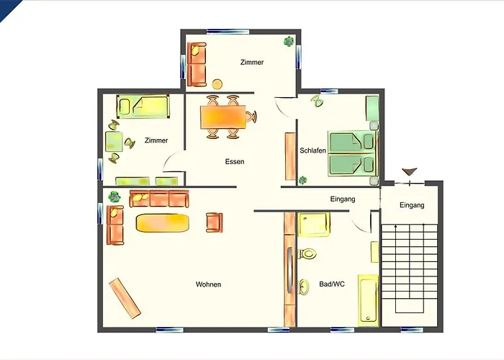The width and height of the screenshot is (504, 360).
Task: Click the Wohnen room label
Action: [x=208, y=284]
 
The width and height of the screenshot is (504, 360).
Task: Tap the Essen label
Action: [x=235, y=162]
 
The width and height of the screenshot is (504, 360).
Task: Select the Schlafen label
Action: [x=312, y=150]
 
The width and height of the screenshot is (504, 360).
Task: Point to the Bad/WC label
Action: [x=332, y=284]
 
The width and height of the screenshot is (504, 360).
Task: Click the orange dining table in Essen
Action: [x=223, y=117]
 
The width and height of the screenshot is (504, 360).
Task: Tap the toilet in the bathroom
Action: [x=307, y=253]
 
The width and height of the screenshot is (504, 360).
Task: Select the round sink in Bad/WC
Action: [x=304, y=287]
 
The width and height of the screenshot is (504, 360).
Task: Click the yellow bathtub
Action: [x=369, y=300]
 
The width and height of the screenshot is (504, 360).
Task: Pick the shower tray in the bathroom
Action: [x=314, y=225]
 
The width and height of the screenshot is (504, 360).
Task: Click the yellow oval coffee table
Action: [x=162, y=223]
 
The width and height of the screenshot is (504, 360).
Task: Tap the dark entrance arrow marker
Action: [x=410, y=171]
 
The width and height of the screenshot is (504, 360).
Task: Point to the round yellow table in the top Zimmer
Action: [x=217, y=84]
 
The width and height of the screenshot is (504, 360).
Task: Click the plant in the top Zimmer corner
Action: [x=289, y=42]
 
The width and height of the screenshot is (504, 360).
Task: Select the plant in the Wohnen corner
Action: [x=114, y=197]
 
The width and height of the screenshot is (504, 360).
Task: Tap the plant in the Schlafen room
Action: [x=303, y=180]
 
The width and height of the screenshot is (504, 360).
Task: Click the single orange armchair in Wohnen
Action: [x=214, y=222]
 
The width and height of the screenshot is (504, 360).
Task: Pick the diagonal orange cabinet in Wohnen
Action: [x=125, y=298]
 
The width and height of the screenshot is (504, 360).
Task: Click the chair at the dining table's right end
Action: [x=251, y=117]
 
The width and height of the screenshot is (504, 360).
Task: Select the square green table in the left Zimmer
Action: [x=114, y=141]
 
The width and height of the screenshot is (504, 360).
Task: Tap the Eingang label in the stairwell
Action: [x=412, y=205]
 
